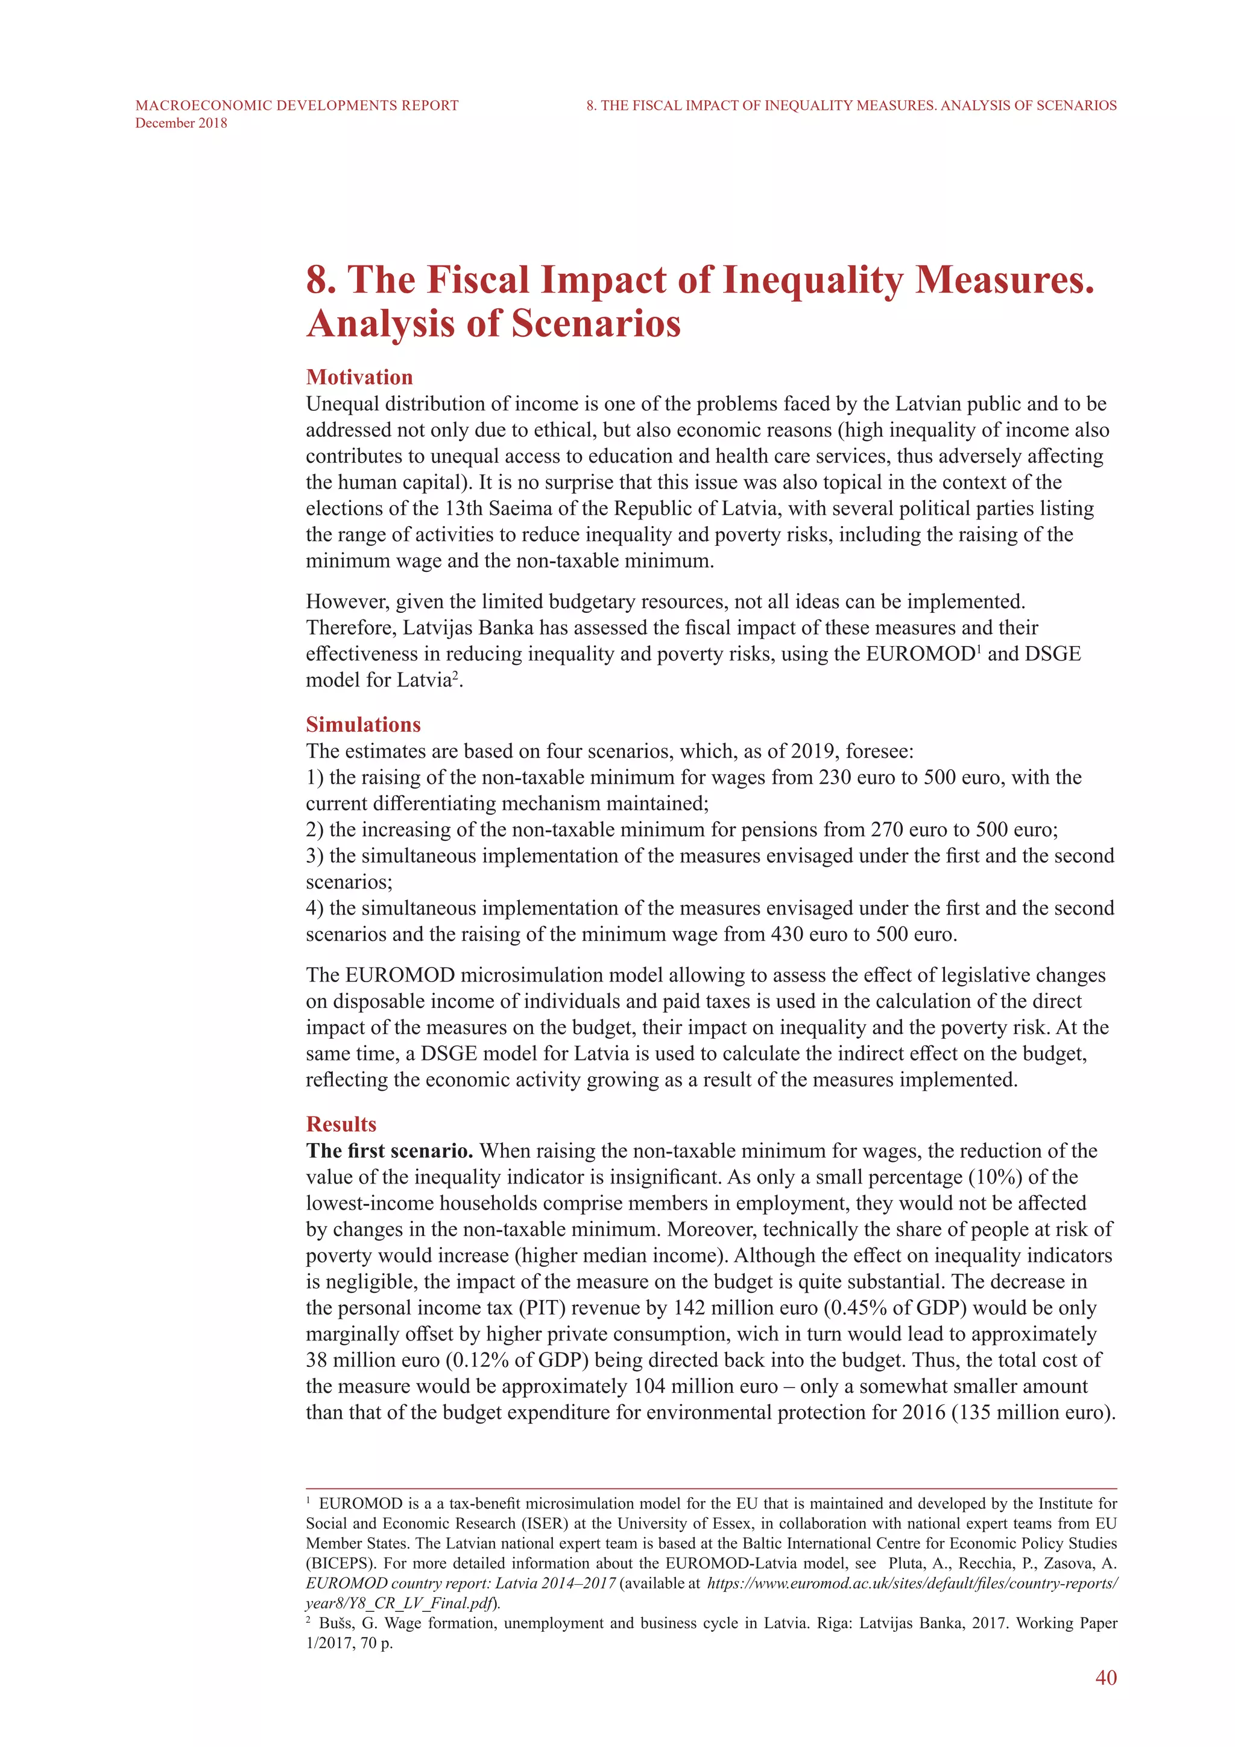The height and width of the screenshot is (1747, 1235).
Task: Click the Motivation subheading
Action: point(359,378)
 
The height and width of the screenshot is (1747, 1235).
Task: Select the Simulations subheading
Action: point(363,724)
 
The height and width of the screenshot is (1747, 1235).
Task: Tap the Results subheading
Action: point(341,1124)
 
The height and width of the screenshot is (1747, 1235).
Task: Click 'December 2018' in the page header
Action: point(181,123)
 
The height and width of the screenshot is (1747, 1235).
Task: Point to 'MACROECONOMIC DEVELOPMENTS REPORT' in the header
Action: point(297,105)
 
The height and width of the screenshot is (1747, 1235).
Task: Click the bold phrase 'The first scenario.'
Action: point(390,1150)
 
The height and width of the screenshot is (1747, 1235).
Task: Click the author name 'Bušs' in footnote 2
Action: point(338,1623)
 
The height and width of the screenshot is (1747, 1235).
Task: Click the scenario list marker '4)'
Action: point(315,908)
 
